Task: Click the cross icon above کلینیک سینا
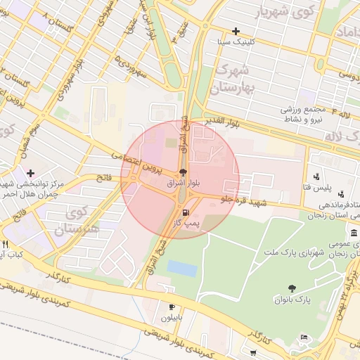click(x=236, y=31)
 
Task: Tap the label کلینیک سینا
click(x=240, y=42)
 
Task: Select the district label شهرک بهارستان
click(x=234, y=79)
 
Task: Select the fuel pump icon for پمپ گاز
click(x=185, y=212)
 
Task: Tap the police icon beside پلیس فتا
click(x=317, y=176)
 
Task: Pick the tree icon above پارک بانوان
click(x=291, y=288)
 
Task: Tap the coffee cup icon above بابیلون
click(x=172, y=307)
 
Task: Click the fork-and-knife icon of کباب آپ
click(x=6, y=243)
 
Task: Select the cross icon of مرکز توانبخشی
click(x=30, y=172)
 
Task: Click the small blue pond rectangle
click(x=182, y=268)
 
